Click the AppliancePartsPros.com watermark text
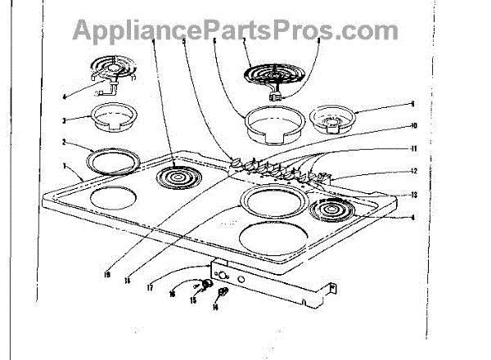(236, 30)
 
